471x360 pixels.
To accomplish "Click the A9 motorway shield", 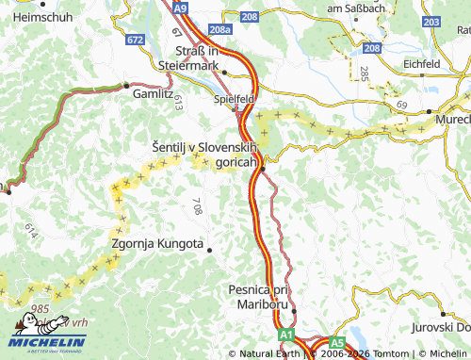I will pyautogui.click(x=181, y=8).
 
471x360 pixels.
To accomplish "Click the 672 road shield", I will pyautogui.click(x=136, y=40).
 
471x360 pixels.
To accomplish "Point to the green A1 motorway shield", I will pyautogui.click(x=285, y=335).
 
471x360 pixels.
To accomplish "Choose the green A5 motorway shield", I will pyautogui.click(x=337, y=344).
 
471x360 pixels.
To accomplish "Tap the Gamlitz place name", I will pyautogui.click(x=153, y=95).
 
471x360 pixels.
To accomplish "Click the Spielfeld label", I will pyautogui.click(x=235, y=97).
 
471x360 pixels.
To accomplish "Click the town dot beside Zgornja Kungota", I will pyautogui.click(x=209, y=250).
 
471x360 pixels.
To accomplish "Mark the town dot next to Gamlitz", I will pyautogui.click(x=126, y=86).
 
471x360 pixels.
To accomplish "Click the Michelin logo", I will pyautogui.click(x=47, y=340).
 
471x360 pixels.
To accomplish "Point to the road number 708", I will pyautogui.click(x=197, y=206).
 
